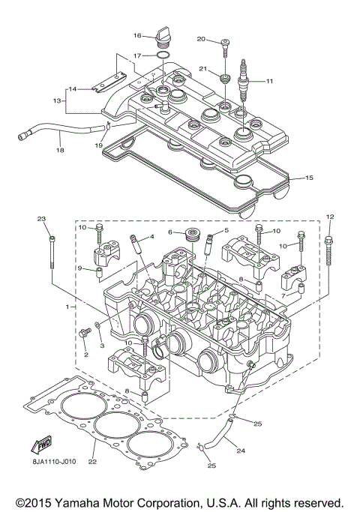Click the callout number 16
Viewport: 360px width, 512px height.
[137, 35]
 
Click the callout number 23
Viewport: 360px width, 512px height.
[42, 219]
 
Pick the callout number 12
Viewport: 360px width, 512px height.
[329, 217]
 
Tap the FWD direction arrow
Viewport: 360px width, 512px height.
[40, 448]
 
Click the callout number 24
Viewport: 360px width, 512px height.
[241, 451]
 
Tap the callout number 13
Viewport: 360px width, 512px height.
[56, 100]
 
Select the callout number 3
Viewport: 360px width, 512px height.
[102, 346]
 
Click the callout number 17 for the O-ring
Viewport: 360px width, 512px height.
[137, 55]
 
